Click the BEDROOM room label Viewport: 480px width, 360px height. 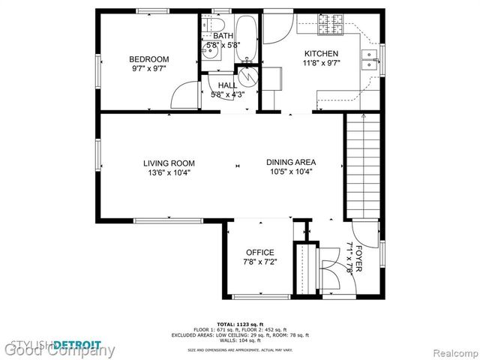148,59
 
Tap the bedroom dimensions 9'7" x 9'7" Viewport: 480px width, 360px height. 148,69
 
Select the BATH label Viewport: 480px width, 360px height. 223,35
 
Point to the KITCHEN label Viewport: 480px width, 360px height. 321,54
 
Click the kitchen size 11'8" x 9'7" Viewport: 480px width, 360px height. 321,64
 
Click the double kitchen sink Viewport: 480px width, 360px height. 369,58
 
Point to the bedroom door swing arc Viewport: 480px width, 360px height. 181,95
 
